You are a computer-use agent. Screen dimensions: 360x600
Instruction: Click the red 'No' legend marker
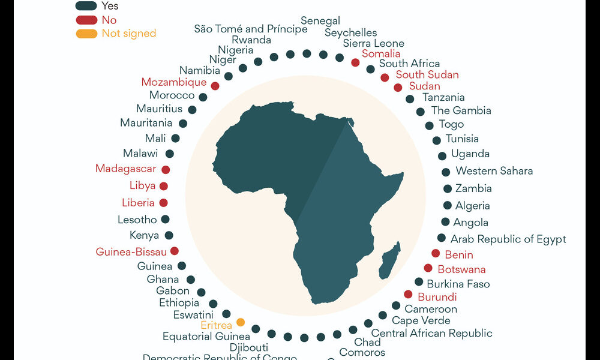point(86,20)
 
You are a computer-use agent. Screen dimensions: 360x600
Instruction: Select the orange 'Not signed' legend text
point(128,34)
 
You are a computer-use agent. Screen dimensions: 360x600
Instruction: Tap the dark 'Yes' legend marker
point(86,6)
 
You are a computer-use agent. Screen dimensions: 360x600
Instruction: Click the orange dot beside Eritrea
point(241,322)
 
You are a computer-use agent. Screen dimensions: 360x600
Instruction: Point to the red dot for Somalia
point(355,62)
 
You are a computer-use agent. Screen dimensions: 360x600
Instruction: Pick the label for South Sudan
point(427,75)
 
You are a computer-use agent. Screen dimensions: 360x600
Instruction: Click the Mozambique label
point(173,82)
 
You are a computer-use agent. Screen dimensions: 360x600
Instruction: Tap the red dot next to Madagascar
point(166,170)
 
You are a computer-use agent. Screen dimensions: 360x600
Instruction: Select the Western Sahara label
point(494,171)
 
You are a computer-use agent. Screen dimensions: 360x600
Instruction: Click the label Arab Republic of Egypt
point(508,239)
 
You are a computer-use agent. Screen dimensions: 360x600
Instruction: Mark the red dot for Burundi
point(408,294)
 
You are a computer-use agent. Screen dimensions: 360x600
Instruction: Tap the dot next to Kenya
point(169,236)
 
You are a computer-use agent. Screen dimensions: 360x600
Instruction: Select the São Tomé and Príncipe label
point(250,29)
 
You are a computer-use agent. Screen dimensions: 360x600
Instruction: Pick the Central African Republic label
point(431,333)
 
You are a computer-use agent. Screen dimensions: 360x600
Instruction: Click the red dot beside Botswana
point(428,268)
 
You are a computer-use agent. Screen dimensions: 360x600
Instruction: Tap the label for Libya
point(142,186)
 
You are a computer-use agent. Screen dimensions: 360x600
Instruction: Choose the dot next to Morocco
point(203,97)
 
